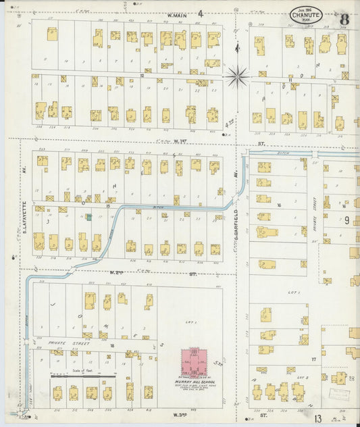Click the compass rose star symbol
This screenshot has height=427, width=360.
click(237, 76)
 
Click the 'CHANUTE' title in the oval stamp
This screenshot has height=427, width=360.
click(306, 15)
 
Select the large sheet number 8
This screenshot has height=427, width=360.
click(344, 18)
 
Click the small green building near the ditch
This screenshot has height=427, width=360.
click(88, 217)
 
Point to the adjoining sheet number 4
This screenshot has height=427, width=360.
click(200, 13)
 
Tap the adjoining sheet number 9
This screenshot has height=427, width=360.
click(346, 220)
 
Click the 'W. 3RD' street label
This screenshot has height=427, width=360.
click(179, 413)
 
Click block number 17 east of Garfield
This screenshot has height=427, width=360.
click(313, 359)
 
